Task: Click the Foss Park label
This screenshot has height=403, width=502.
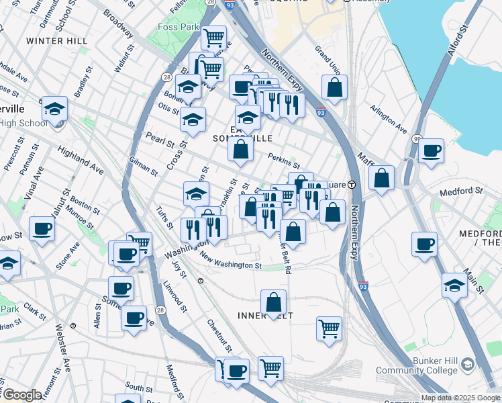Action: (177, 28)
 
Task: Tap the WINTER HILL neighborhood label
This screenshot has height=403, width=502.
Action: (56, 41)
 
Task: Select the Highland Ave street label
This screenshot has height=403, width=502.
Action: (81, 161)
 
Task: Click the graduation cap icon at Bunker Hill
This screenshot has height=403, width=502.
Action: (467, 365)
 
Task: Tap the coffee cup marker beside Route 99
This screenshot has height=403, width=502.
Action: (432, 151)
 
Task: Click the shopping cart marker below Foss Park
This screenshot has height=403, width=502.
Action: (213, 38)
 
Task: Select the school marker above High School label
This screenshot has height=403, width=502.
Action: (54, 109)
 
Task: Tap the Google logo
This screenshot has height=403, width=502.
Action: (22, 394)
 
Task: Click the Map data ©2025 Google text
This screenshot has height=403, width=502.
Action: (460, 398)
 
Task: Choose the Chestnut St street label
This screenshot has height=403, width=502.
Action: (219, 336)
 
